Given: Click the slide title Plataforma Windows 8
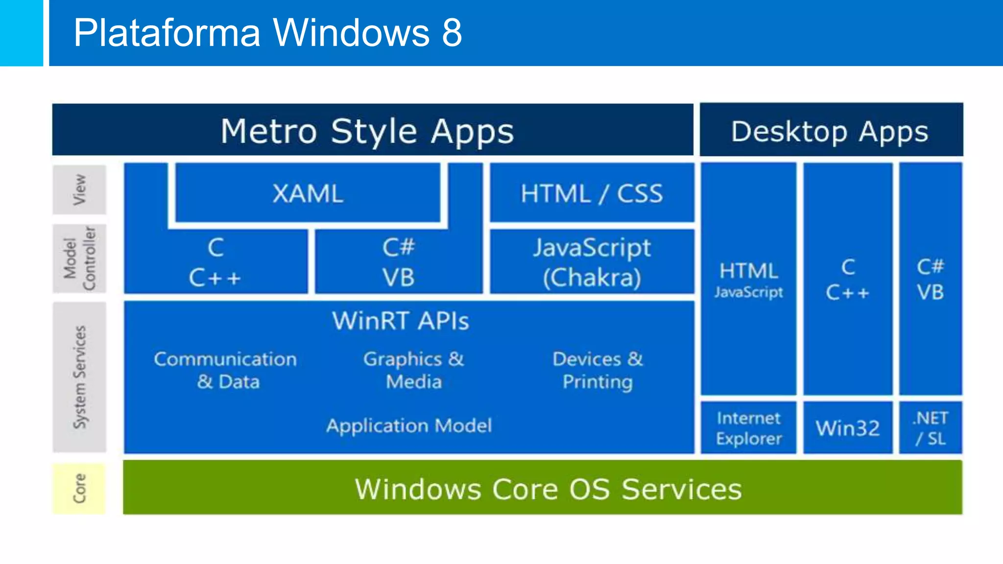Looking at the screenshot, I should pyautogui.click(x=267, y=32).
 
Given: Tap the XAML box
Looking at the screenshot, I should pyautogui.click(x=308, y=193).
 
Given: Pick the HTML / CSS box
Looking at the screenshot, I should pyautogui.click(x=592, y=193).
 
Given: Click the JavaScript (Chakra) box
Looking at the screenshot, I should pyautogui.click(x=592, y=262).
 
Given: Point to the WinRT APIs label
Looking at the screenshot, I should pyautogui.click(x=401, y=321).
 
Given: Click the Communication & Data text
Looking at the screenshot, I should pyautogui.click(x=226, y=370).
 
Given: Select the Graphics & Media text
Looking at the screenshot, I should pyautogui.click(x=414, y=370).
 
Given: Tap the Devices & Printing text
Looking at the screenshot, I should pyautogui.click(x=597, y=370).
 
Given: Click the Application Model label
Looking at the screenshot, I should pyautogui.click(x=409, y=425).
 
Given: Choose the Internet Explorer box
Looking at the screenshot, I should pyautogui.click(x=748, y=428).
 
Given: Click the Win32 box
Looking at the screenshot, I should pyautogui.click(x=848, y=428).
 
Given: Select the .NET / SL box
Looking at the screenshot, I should pyautogui.click(x=931, y=428).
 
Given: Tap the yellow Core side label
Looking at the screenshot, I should pyautogui.click(x=79, y=489).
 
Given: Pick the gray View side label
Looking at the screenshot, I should pyautogui.click(x=79, y=190).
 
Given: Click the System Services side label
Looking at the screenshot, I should pyautogui.click(x=79, y=377).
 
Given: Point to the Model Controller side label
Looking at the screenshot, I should pyautogui.click(x=79, y=258).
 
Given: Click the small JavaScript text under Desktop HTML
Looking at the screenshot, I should pyautogui.click(x=748, y=292).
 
